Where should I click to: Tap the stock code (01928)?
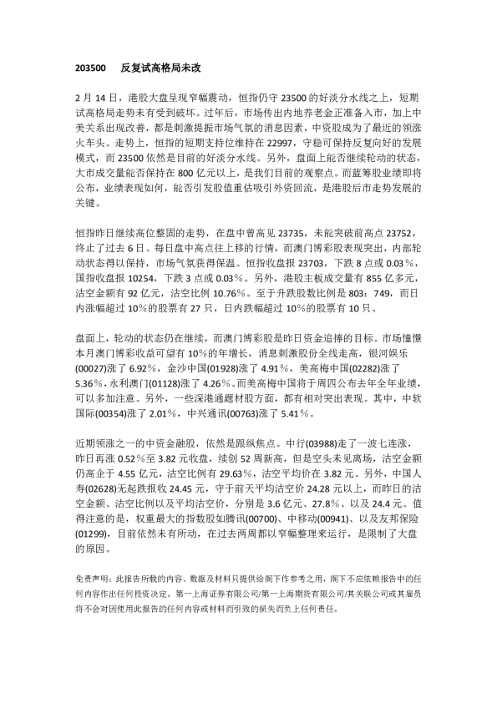[x=228, y=367]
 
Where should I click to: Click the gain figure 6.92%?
[x=144, y=367]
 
